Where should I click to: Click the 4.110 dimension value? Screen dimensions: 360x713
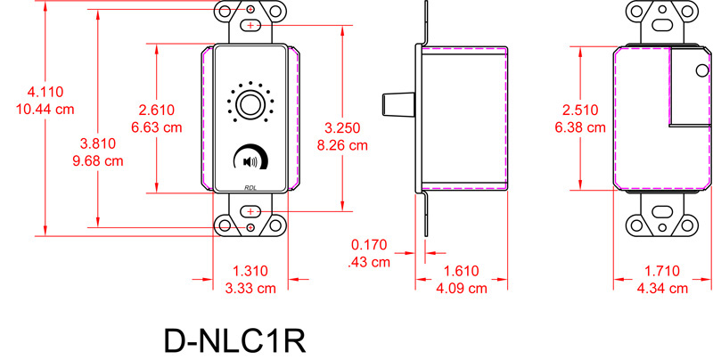[x=45, y=92]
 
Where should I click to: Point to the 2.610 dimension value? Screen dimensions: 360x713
[x=157, y=110]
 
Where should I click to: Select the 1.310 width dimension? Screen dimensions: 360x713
[x=250, y=271]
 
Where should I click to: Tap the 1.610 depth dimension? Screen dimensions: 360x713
[x=463, y=271]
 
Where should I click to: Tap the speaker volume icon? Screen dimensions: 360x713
[x=250, y=161]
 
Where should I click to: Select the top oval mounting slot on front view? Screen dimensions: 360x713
[x=250, y=26]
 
